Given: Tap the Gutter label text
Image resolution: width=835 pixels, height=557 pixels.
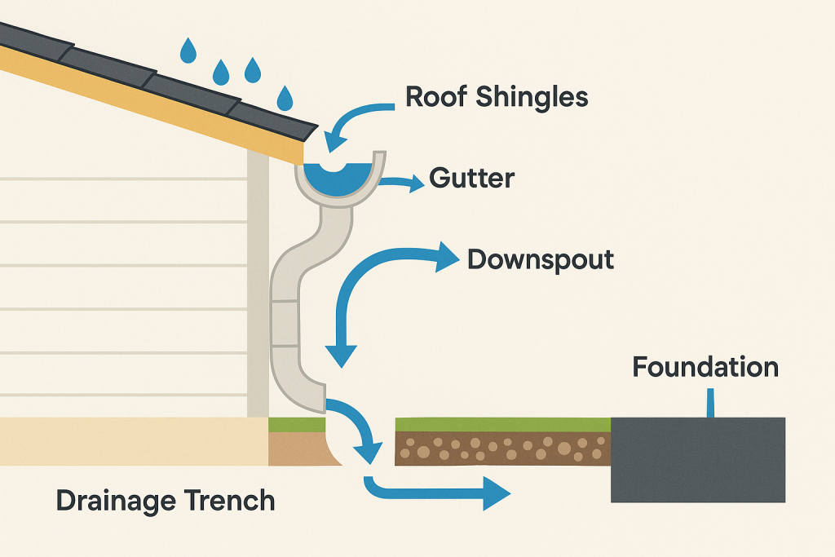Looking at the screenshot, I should coord(472,177).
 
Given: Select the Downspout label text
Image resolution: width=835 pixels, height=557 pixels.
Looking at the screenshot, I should coord(540,260).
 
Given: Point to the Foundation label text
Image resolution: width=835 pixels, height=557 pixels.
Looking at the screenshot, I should coord(705,367).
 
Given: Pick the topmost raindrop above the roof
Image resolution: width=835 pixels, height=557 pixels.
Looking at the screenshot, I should coord(188,51).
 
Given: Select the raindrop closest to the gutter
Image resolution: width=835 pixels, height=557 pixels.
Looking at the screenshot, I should coord(285,99).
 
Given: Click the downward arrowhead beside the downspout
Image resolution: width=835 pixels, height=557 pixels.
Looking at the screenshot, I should coord(342,355).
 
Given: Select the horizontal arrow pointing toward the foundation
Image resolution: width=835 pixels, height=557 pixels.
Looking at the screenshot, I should coord(440,493).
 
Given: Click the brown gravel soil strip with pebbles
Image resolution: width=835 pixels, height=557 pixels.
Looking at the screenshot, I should coord(502,449).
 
